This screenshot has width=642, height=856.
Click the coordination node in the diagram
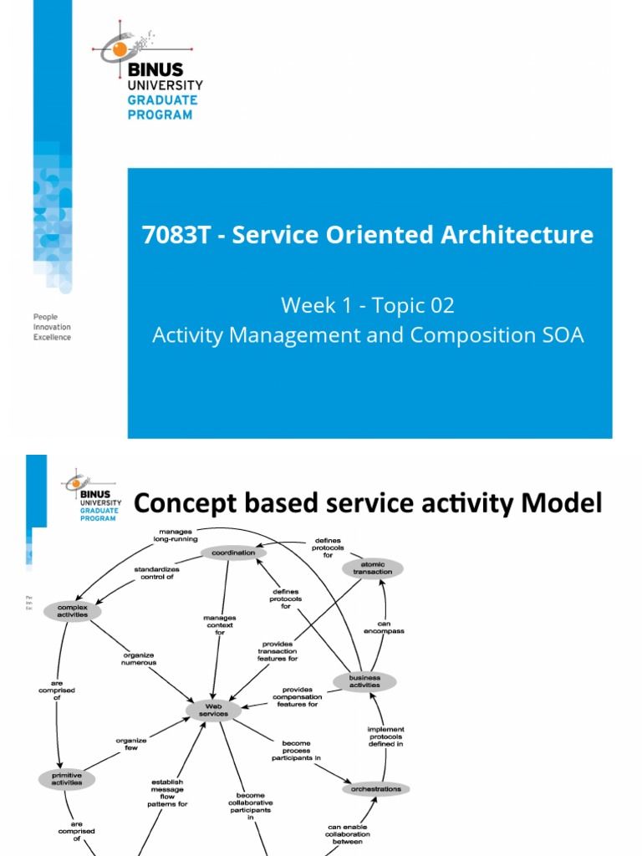(234, 553)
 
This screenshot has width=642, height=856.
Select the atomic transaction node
(373, 568)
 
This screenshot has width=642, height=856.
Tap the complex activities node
(72, 611)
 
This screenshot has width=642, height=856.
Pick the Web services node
(212, 710)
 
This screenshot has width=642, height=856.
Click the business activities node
(364, 681)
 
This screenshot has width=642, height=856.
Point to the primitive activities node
(67, 779)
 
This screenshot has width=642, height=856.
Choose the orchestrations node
(376, 788)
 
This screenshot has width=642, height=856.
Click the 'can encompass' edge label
(384, 627)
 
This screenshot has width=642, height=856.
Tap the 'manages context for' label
(219, 624)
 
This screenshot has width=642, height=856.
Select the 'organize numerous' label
(140, 659)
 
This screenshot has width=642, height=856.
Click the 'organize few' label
(130, 743)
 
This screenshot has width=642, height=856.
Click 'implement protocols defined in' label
(385, 736)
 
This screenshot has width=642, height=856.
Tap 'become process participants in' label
(296, 751)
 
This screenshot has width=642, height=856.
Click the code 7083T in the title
(176, 235)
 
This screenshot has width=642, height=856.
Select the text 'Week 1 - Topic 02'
(368, 305)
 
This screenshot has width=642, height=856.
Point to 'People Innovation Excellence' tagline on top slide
(52, 327)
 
